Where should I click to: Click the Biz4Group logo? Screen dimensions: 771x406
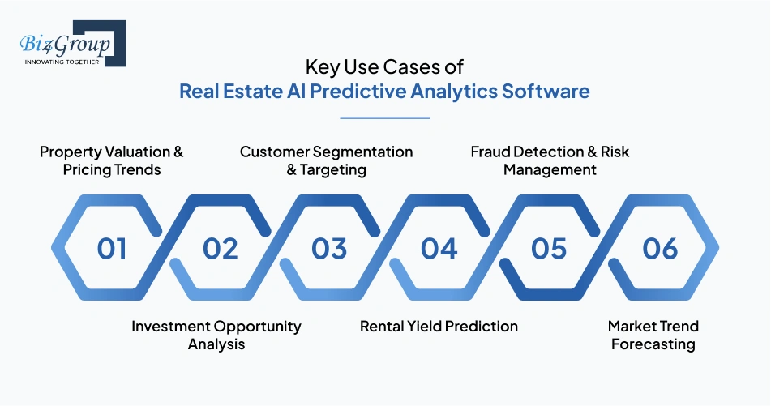click(73, 43)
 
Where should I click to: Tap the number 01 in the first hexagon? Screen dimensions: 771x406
click(112, 248)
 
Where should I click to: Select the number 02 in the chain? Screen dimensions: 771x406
click(221, 248)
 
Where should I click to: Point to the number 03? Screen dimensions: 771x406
click(329, 248)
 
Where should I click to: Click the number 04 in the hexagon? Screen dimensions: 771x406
click(439, 248)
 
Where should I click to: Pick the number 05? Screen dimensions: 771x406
click(549, 248)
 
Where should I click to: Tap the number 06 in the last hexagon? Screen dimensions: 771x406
click(661, 248)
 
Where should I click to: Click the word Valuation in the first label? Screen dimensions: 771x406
click(132, 152)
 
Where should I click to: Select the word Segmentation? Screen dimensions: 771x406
click(362, 152)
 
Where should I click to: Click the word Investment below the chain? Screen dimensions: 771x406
click(171, 326)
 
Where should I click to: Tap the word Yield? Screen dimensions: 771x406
click(426, 326)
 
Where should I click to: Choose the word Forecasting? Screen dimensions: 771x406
click(653, 344)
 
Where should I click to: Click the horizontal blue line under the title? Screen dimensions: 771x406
click(385, 118)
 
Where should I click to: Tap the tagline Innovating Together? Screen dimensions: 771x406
click(62, 62)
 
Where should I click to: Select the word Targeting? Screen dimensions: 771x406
click(333, 170)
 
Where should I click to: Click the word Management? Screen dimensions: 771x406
click(550, 170)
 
